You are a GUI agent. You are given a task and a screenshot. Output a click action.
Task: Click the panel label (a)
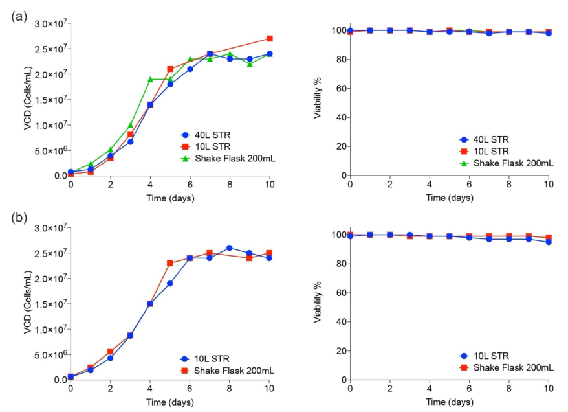(x=18, y=17)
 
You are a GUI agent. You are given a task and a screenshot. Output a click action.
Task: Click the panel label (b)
(x=18, y=218)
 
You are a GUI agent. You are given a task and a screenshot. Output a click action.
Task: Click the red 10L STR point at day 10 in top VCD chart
(x=270, y=39)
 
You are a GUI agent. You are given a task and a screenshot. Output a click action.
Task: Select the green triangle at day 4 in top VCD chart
(x=150, y=79)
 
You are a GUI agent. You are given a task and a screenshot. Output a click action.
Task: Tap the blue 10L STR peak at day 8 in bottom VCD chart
(x=230, y=247)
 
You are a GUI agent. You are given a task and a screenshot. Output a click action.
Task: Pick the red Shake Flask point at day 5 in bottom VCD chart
(x=170, y=263)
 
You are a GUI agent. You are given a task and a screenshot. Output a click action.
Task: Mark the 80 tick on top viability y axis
(x=336, y=60)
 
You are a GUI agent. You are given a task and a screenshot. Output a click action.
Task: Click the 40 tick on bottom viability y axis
(x=336, y=322)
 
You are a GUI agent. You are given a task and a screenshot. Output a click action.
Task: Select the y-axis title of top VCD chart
(x=28, y=100)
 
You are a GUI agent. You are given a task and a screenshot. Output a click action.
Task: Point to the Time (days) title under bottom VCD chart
(x=170, y=402)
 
